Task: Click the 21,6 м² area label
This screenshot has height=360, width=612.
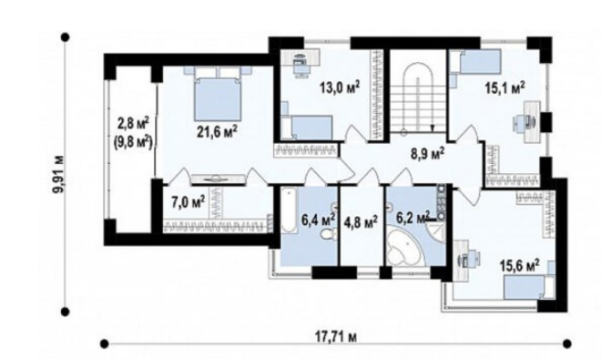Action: point(217,131)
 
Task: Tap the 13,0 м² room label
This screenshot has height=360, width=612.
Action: point(339,87)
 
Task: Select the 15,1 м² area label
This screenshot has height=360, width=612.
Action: point(505,87)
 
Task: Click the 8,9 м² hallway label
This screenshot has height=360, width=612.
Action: point(428,154)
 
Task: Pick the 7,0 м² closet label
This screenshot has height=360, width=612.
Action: point(189,202)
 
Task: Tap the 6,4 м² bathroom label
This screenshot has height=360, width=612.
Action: point(318,219)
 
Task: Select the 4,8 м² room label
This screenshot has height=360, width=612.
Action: point(361,222)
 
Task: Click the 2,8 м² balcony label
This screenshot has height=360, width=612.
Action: point(133,124)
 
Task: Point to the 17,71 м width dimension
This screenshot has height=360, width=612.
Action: point(336,336)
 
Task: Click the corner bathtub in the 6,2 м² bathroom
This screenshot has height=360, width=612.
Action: point(404,248)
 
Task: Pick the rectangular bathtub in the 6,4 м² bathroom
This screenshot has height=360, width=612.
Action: point(289,211)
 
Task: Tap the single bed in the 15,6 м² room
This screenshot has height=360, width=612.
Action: point(529,286)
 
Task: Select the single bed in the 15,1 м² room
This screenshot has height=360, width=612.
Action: point(475,61)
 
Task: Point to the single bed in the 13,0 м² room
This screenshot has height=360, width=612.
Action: point(307,127)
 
